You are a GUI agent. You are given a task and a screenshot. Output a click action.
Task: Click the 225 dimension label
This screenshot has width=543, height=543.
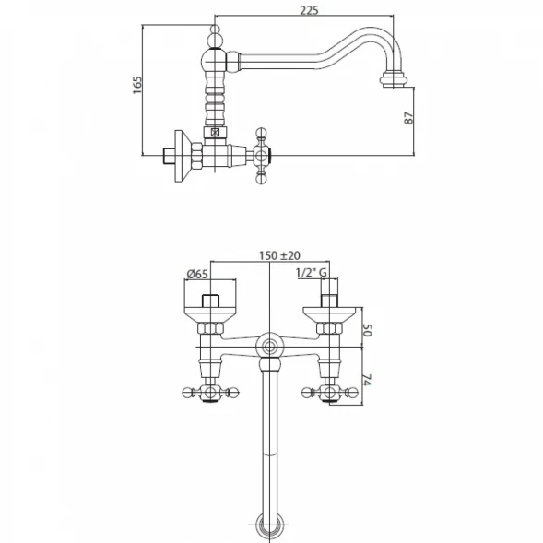[x=309, y=10]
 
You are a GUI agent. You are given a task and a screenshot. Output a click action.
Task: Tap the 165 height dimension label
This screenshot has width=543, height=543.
[x=137, y=85]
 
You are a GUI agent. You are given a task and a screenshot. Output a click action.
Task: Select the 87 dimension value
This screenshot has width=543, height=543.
[x=409, y=118]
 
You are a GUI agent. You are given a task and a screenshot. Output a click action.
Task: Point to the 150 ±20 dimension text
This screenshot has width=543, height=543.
[x=280, y=255]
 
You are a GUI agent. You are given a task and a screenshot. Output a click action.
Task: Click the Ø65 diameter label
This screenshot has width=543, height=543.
[x=197, y=275]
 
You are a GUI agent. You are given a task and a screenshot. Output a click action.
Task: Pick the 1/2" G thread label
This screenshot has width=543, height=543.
[x=312, y=273]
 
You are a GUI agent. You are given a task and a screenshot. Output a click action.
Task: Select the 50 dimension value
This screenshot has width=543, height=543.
[x=367, y=330]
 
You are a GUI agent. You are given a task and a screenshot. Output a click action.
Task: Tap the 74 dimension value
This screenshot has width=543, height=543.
[x=367, y=380]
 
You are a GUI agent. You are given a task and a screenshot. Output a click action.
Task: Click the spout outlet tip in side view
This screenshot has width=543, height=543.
[x=394, y=79]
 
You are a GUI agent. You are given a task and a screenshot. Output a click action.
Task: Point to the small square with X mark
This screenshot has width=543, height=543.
[x=215, y=132]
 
